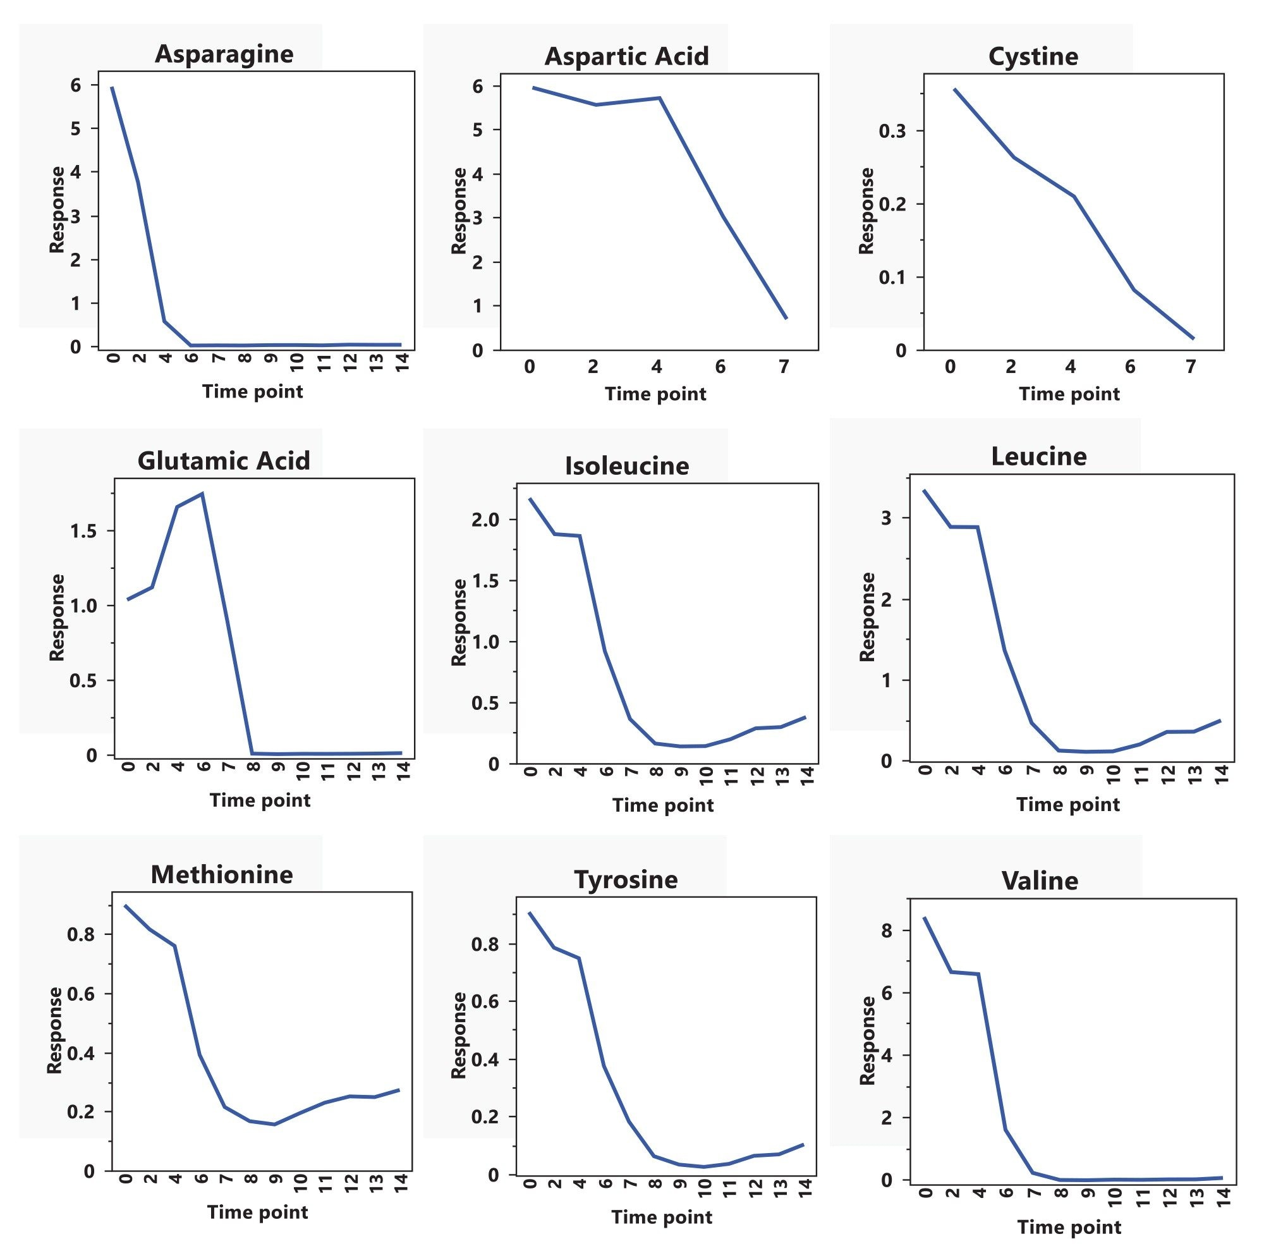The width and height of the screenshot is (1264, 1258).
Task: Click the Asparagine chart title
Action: point(224,54)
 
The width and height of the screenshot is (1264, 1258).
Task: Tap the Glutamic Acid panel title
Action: point(224,461)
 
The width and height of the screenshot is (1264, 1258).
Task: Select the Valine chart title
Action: point(1040,881)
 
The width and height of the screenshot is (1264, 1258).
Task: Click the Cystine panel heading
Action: point(1033,56)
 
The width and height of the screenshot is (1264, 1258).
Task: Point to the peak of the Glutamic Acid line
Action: point(203,494)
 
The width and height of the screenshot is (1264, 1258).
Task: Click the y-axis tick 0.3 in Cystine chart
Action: point(892,131)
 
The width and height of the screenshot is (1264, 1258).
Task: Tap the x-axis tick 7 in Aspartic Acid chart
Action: point(784,367)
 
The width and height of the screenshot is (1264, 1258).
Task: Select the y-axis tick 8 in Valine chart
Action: point(887,930)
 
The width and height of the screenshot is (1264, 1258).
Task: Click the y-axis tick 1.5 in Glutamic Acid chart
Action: point(82,531)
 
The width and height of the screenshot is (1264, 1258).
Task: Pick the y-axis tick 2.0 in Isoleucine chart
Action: point(485,520)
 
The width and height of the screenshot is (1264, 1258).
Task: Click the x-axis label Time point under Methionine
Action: point(257,1212)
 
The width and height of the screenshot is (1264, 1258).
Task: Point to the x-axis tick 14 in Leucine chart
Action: point(1221,775)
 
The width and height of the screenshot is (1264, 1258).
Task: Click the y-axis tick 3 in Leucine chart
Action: point(887,518)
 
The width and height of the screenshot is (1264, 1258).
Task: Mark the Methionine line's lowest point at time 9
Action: point(275,1125)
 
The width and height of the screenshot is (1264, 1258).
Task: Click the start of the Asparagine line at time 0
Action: point(112,87)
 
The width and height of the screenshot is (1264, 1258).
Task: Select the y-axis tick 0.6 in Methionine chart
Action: point(80,994)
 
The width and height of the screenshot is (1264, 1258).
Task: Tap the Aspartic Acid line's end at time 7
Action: point(786,319)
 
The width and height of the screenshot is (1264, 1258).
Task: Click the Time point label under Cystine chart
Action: point(1069,394)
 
